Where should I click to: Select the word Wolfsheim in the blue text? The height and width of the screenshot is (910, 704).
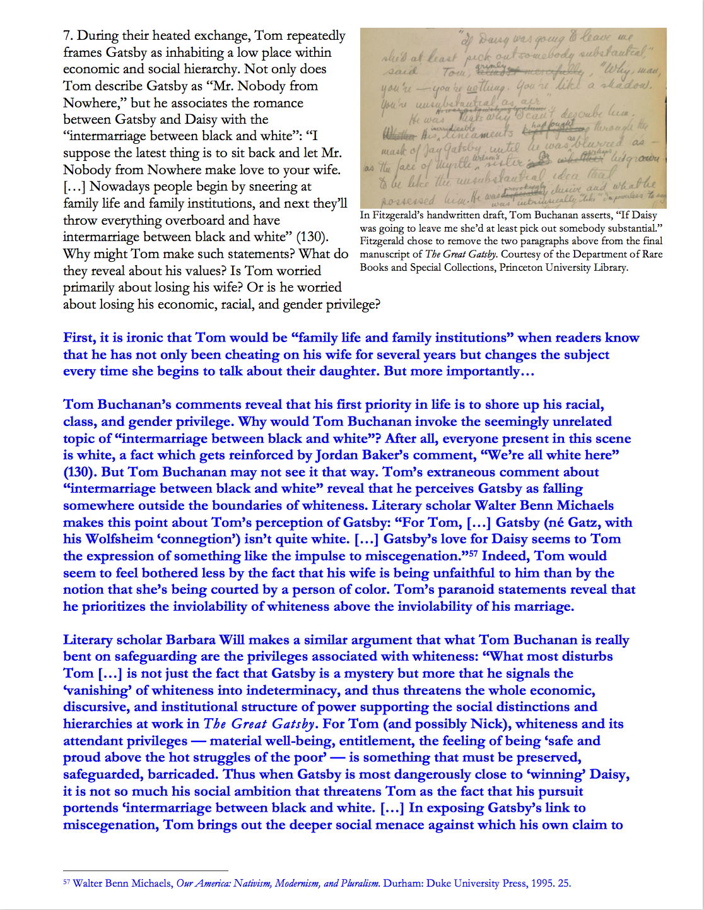point(119,539)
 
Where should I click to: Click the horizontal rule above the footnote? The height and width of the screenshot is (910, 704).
point(145,871)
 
